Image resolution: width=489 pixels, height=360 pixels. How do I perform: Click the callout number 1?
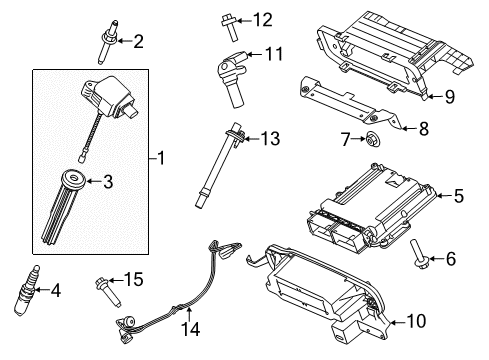(x=164, y=157)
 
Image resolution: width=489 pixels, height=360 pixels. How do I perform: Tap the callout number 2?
(x=139, y=41)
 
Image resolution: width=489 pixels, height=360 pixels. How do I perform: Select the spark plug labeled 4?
(x=27, y=292)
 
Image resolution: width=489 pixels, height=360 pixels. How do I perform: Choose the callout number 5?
(x=459, y=196)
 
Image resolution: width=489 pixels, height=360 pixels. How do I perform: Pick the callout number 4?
(x=55, y=291)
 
